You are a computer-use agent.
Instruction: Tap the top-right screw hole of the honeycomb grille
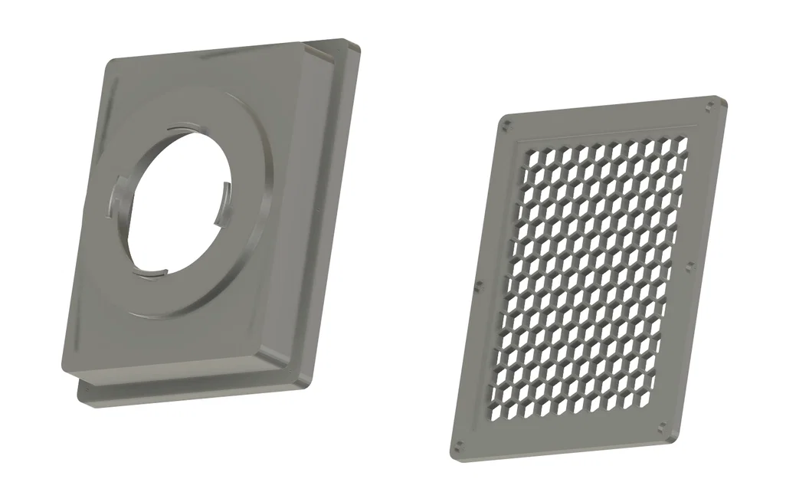(x=711, y=103)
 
